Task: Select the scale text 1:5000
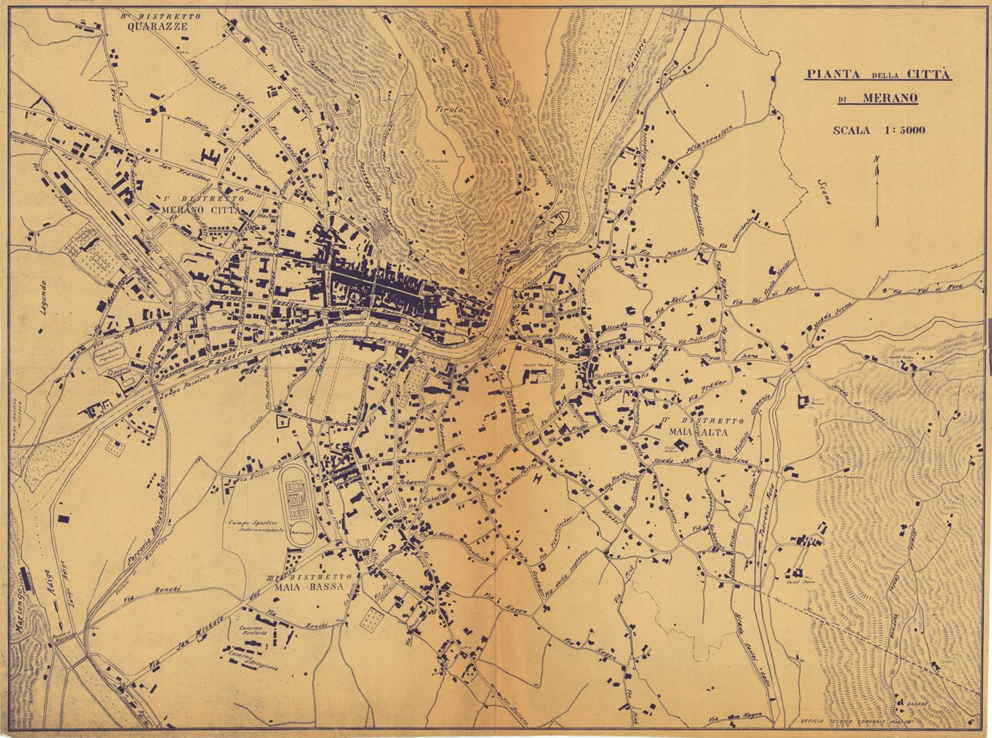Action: tap(878, 130)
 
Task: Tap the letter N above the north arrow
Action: tap(876, 158)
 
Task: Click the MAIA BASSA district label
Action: tap(309, 586)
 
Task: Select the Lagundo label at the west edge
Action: tap(42, 299)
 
